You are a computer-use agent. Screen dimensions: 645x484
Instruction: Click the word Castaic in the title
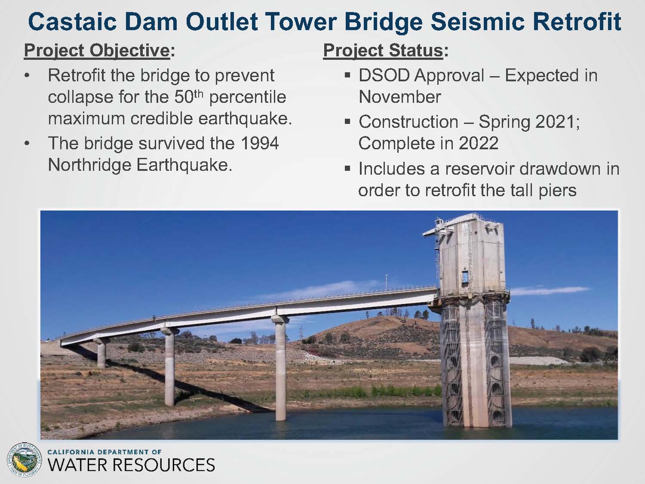pos(72,22)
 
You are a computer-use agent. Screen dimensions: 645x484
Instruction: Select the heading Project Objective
pos(97,50)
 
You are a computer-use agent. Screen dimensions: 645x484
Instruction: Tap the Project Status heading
pos(383,50)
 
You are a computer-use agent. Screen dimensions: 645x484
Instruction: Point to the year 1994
pos(259,143)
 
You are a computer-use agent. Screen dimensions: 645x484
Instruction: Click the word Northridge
pos(89,165)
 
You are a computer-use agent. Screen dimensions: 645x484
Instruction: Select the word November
pos(399,97)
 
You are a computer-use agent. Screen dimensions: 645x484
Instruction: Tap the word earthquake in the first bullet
pos(245,119)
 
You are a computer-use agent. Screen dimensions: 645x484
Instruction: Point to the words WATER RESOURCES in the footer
pos(131,465)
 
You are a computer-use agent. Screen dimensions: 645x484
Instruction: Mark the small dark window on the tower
pos(464,277)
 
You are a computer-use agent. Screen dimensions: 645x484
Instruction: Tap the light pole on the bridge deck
pos(387,282)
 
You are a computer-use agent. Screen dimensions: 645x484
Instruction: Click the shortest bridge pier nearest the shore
pos(101,353)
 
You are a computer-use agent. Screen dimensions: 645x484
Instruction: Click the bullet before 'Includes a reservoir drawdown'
pos(347,168)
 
